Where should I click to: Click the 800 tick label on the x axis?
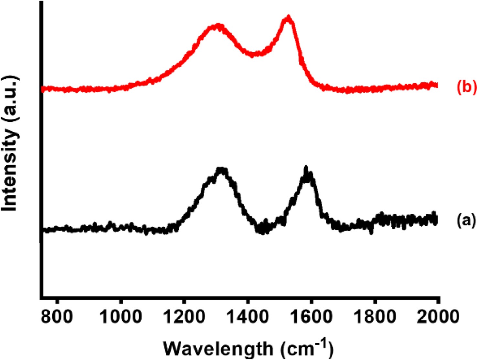[x=57, y=317]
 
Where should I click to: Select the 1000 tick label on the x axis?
[x=120, y=317]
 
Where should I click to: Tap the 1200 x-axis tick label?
[x=184, y=317]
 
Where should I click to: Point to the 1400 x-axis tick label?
[x=248, y=317]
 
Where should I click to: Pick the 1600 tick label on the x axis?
[x=311, y=317]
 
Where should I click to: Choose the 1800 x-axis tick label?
[x=375, y=317]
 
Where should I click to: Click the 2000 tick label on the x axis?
[x=438, y=317]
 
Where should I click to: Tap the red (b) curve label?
[x=467, y=87]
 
